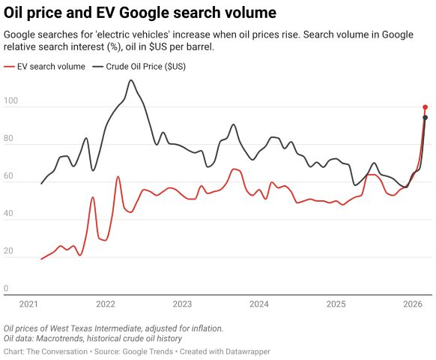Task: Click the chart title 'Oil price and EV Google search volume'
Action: click(x=140, y=13)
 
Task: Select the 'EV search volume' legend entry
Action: click(x=51, y=67)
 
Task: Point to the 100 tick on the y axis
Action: click(x=10, y=100)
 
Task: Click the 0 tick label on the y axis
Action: click(x=6, y=288)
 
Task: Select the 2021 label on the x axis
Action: click(x=28, y=304)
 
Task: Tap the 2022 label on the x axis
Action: click(x=106, y=304)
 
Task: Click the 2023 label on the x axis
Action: click(x=182, y=304)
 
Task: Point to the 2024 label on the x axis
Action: click(x=259, y=304)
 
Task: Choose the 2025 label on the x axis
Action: click(x=336, y=304)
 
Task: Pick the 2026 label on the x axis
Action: click(x=413, y=304)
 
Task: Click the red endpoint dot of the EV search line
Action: click(x=425, y=107)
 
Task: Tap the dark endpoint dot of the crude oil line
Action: click(x=425, y=118)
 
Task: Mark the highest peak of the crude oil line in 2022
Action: click(x=131, y=80)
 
